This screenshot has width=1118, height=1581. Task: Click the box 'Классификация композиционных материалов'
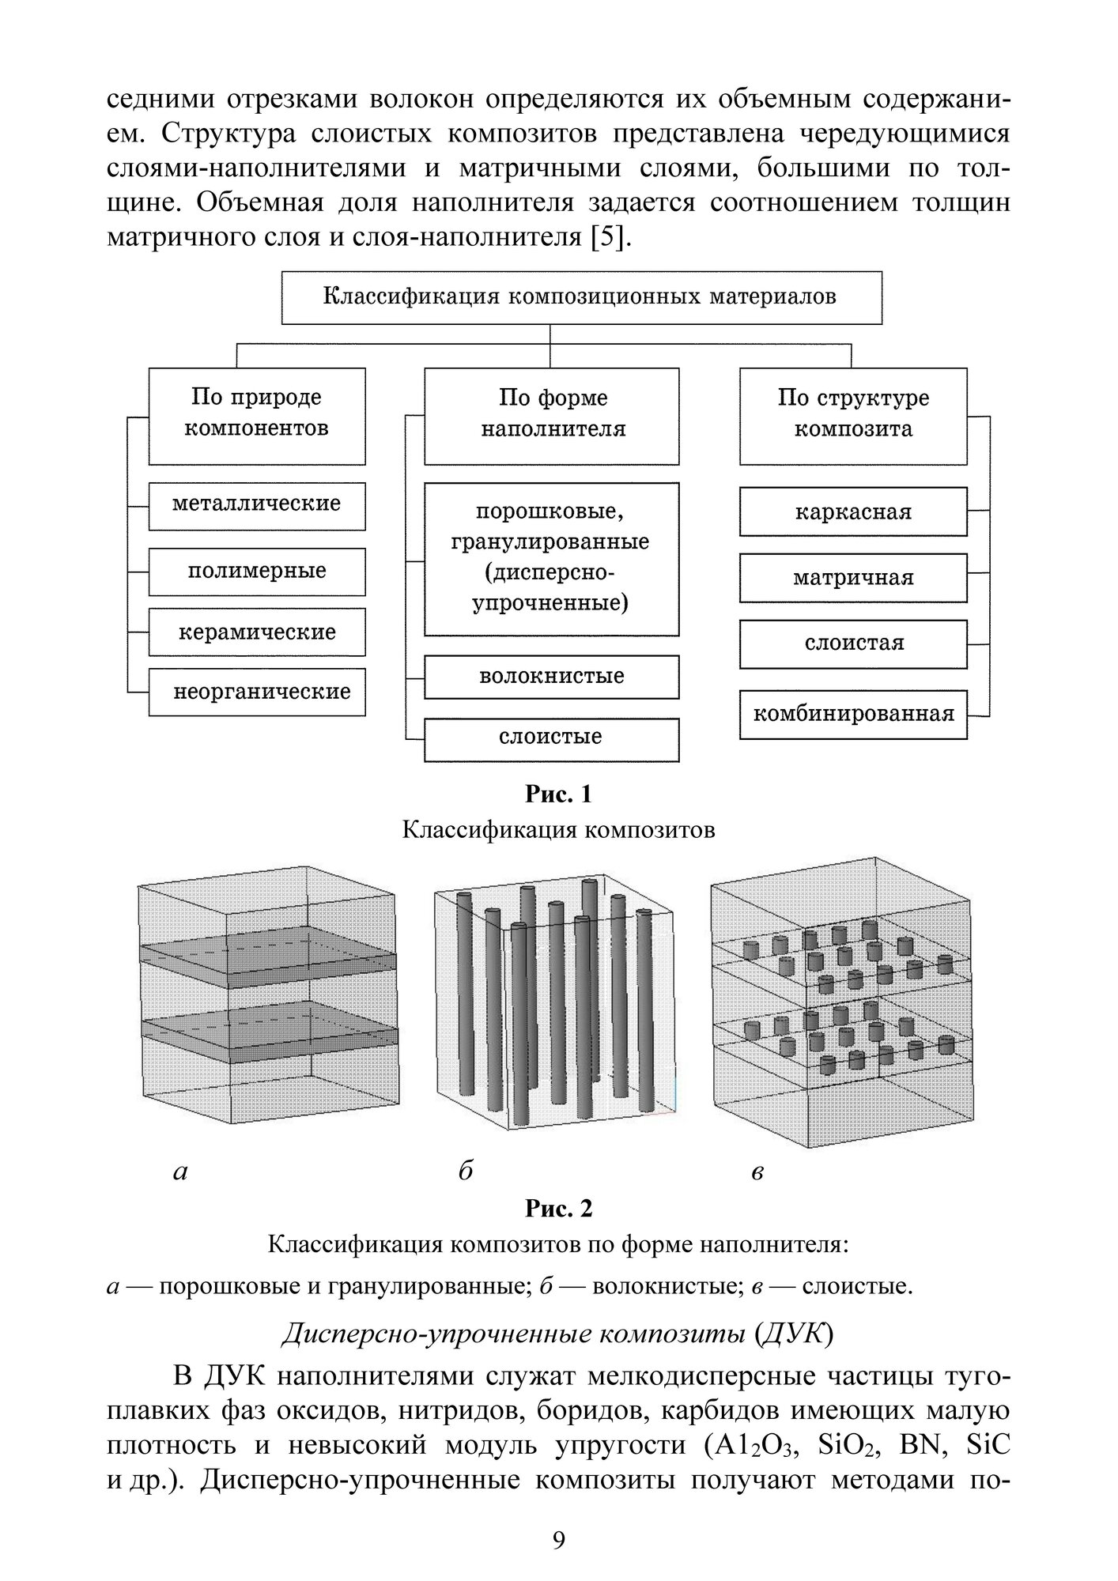coord(581,297)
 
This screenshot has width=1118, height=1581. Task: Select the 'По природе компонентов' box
coord(257,414)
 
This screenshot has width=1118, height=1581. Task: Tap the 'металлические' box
coord(257,504)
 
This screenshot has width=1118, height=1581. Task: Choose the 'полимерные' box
coord(257,572)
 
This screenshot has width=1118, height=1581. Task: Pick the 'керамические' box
coord(257,632)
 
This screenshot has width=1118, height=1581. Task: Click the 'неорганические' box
coord(257,692)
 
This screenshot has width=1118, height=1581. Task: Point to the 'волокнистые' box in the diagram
coord(551,677)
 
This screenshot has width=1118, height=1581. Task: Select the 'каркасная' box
coord(852,512)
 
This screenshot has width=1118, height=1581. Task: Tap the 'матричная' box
coord(852,578)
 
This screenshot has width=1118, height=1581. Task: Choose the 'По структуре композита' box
coord(852,414)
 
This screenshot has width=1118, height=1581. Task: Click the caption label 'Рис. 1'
coord(558,794)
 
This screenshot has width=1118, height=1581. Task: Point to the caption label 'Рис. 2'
coord(558,1209)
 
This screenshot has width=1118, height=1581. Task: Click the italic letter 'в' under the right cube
coord(757,1172)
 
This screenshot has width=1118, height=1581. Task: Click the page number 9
coord(558,1541)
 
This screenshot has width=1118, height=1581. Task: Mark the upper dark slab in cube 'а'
coord(269,957)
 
